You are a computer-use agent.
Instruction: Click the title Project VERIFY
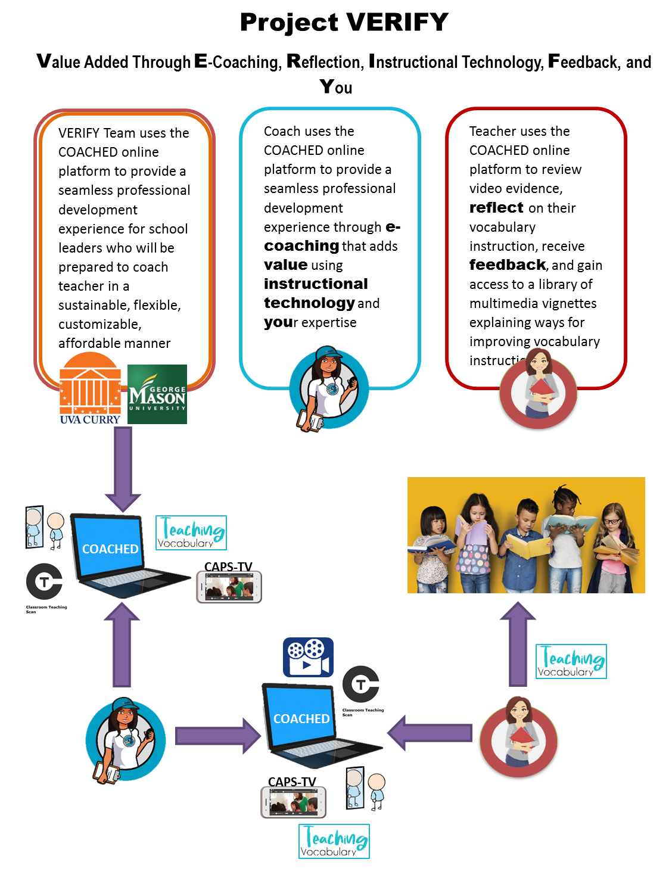click(344, 23)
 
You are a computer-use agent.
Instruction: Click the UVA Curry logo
click(90, 387)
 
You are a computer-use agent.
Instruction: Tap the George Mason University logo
click(157, 394)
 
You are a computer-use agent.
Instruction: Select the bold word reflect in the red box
click(496, 208)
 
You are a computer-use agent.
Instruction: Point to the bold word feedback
click(508, 265)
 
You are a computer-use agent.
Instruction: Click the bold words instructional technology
click(316, 294)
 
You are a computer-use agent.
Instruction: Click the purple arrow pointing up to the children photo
click(518, 643)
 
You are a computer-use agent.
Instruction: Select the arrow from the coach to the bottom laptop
click(217, 736)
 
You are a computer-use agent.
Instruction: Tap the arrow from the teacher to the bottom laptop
click(430, 733)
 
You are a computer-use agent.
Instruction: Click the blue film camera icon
click(308, 658)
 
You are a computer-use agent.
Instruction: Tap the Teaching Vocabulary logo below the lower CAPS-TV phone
click(334, 841)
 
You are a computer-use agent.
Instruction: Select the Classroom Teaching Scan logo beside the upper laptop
click(46, 588)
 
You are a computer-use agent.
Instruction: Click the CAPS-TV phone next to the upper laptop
click(229, 587)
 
